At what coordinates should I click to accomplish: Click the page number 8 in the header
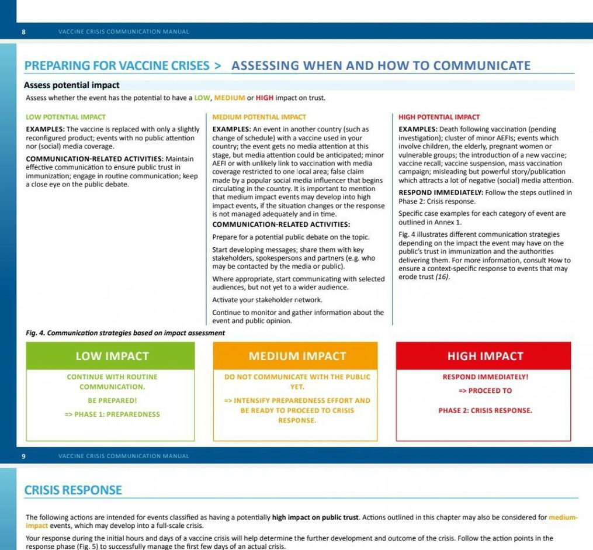tap(23, 32)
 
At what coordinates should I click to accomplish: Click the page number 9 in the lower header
tap(23, 456)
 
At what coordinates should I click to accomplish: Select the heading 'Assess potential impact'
tap(71, 85)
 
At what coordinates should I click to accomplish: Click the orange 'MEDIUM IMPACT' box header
tap(297, 356)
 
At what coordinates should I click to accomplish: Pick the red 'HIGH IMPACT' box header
tap(485, 356)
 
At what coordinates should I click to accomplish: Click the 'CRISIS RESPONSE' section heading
tap(73, 490)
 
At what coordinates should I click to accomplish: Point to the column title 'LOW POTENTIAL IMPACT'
tap(65, 117)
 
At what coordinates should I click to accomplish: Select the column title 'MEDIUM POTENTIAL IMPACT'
tap(259, 117)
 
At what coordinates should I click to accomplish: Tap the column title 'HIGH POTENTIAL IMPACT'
tap(439, 117)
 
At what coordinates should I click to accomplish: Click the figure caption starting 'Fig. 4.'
tap(125, 333)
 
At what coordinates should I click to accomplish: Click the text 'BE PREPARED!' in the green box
tap(112, 400)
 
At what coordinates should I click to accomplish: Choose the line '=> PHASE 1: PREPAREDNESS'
tap(112, 414)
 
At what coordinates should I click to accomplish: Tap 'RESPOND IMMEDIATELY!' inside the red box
tap(485, 377)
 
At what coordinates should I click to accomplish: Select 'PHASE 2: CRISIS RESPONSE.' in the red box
tap(485, 410)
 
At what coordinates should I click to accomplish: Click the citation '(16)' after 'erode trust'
tap(442, 276)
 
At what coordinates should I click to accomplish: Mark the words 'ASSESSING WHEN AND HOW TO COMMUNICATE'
tap(381, 66)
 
